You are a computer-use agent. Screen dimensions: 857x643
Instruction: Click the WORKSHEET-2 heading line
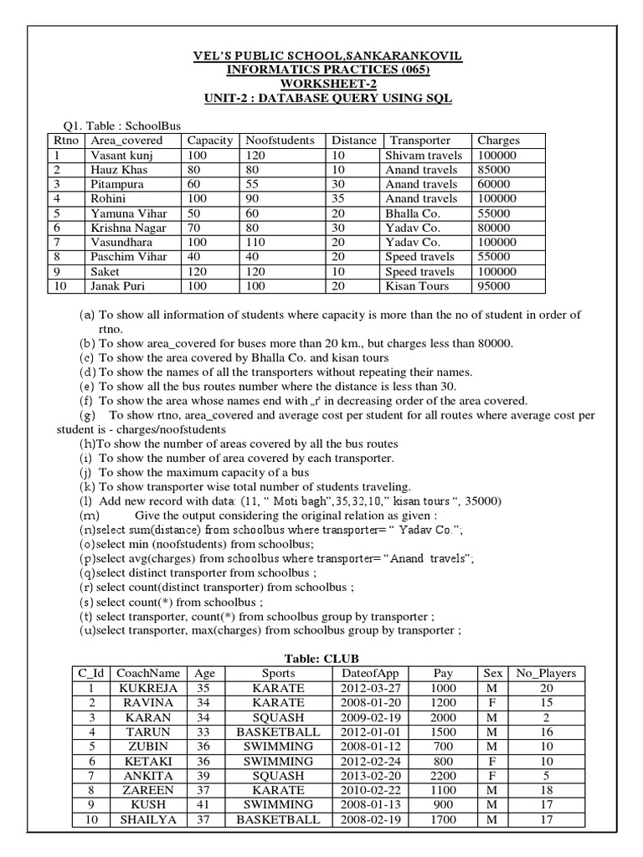point(327,84)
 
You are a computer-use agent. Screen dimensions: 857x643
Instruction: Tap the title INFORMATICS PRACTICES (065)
point(327,69)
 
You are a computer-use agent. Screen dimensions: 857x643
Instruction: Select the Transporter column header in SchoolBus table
point(420,141)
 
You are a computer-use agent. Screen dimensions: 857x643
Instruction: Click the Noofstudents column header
point(280,141)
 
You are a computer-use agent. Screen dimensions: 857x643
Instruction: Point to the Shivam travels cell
point(423,156)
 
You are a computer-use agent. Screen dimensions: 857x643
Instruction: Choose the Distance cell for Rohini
point(338,199)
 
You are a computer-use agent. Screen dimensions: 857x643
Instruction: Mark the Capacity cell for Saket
point(198,272)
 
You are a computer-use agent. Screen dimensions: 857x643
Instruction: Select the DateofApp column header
point(371,673)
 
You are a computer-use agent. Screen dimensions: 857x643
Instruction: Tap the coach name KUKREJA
point(148,688)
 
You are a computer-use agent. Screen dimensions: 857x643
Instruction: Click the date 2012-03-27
point(371,688)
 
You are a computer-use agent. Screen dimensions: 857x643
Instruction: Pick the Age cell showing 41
point(203,805)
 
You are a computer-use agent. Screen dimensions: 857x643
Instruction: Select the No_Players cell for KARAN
point(546,717)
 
